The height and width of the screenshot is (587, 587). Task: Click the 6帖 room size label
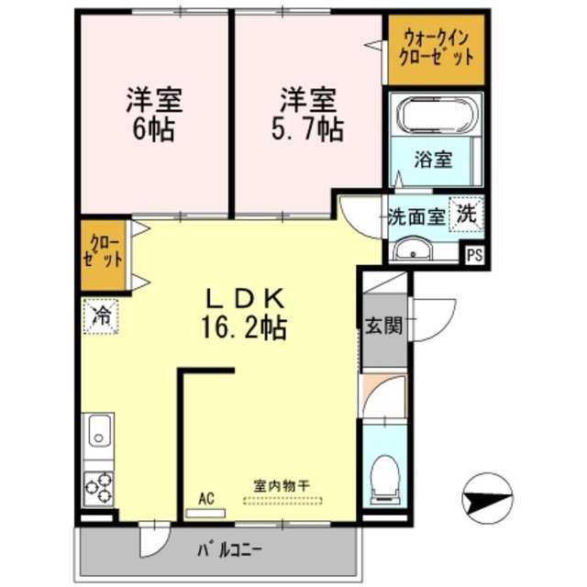click(152, 128)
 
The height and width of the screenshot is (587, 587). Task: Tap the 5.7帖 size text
click(306, 128)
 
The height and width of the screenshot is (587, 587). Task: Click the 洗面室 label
click(415, 217)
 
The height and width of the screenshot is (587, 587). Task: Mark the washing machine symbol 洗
click(466, 216)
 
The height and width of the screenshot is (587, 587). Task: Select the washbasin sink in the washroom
click(410, 249)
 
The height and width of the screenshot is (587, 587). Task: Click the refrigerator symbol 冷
click(100, 318)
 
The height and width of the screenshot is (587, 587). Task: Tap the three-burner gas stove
click(98, 486)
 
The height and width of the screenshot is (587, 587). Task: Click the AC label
click(205, 498)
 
